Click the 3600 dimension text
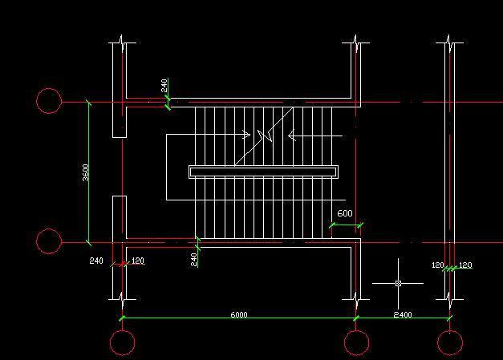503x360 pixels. point(85,172)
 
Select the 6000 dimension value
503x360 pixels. point(238,314)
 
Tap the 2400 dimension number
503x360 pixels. point(403,314)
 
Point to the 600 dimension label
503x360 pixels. point(344,214)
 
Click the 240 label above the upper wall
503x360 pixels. point(164,85)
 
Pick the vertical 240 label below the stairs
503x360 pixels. point(193,259)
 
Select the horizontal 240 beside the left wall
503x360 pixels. point(96,261)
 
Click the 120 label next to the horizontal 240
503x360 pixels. point(137,261)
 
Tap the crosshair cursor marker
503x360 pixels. point(399,283)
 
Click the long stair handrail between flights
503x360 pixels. point(263,171)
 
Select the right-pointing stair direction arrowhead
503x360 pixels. point(245,135)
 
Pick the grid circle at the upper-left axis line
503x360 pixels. point(49,101)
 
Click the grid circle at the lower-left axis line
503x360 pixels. point(49,241)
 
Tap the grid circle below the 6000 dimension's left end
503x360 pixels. point(122,342)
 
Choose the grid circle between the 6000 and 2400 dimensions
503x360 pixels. point(356,342)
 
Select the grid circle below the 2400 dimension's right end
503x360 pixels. point(450,342)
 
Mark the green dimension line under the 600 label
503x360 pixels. point(346,225)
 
